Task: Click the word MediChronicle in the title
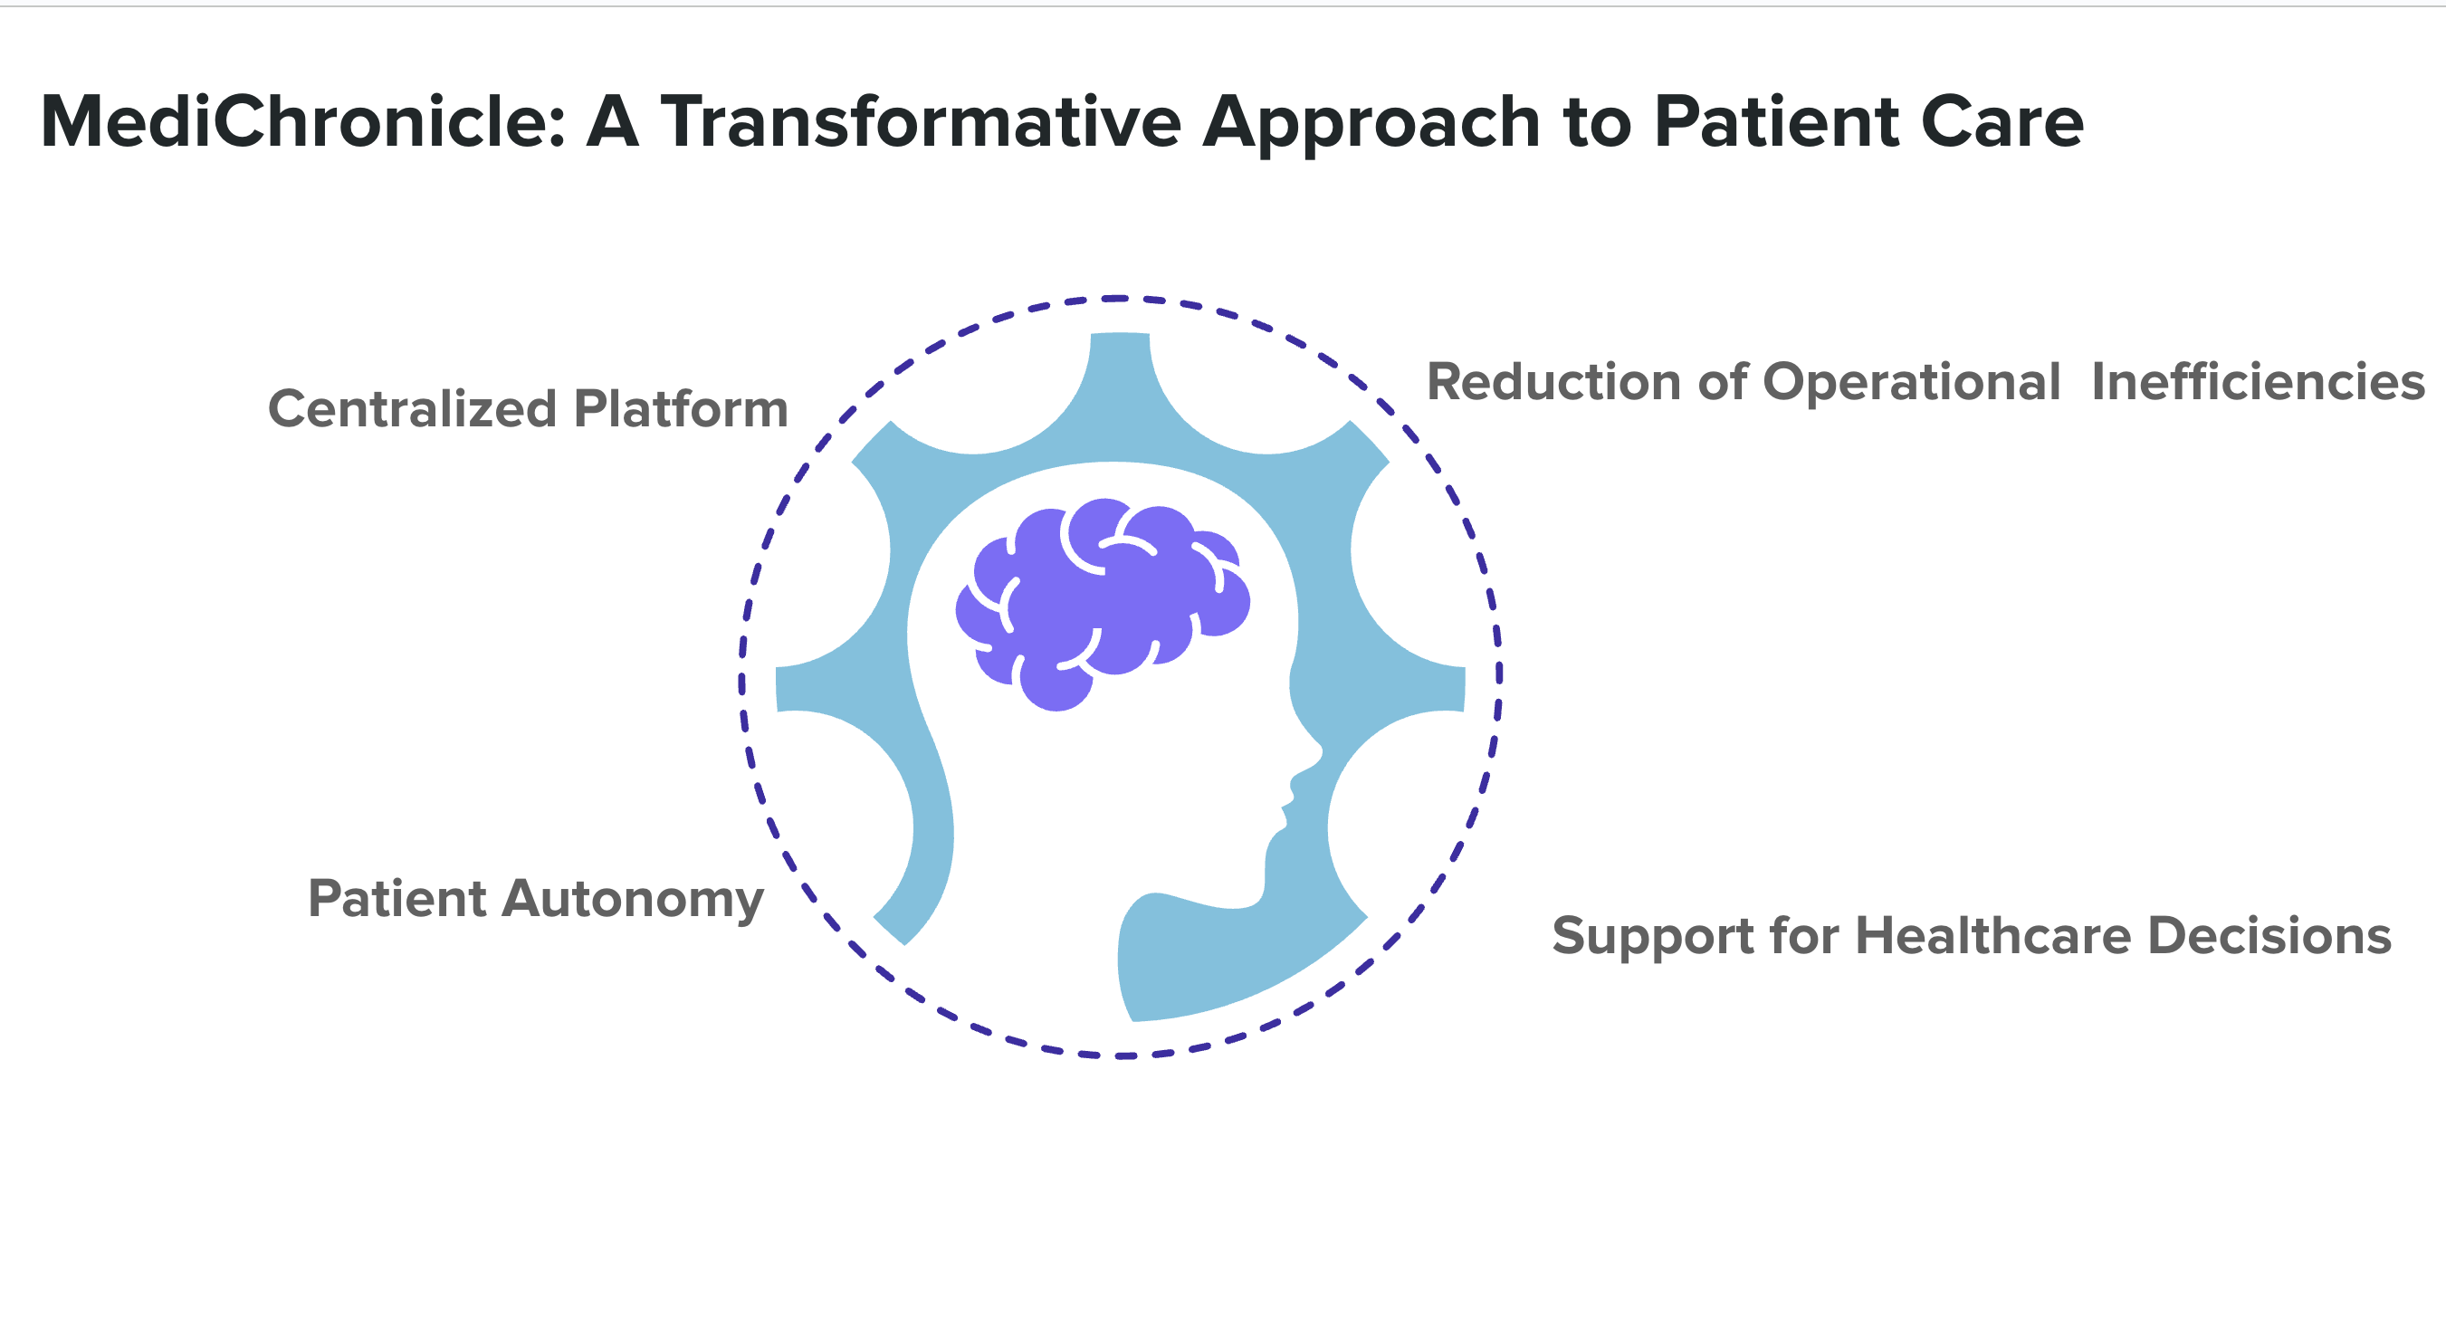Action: click(302, 122)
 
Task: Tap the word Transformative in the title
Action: click(920, 122)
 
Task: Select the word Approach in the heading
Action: click(1371, 124)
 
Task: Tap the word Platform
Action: click(681, 409)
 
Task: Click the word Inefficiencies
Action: click(2258, 383)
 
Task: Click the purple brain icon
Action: click(1102, 602)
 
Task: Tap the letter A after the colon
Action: click(613, 122)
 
